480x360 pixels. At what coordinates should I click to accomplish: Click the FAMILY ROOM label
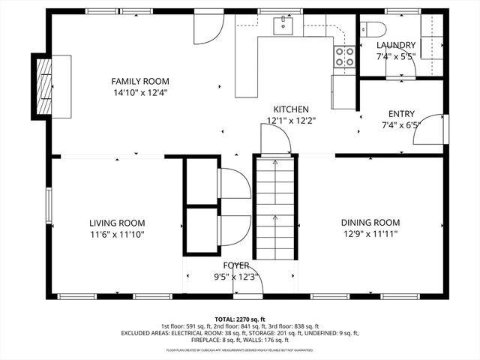pos(140,81)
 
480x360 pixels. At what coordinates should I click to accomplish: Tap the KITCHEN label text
pos(290,109)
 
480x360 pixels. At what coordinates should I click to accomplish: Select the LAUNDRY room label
pos(395,45)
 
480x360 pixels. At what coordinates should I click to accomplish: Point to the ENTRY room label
pos(401,114)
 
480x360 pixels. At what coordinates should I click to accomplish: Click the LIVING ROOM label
pos(117,223)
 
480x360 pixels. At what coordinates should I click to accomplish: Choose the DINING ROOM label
pos(370,222)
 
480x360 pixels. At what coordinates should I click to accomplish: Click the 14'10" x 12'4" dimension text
pos(140,93)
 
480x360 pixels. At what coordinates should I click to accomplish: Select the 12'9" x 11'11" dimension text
pos(370,234)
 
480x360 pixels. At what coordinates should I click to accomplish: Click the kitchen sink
pos(283,25)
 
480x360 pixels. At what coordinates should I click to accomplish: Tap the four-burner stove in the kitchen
pos(344,57)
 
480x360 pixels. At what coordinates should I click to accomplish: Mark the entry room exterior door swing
pos(428,130)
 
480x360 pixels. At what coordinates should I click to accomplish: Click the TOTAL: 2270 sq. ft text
pos(240,319)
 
